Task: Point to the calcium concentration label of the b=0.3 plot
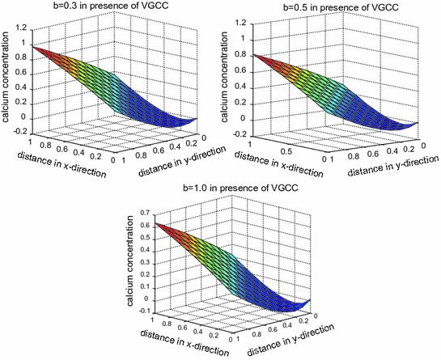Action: [7, 76]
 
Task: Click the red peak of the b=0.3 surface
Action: [35, 48]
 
